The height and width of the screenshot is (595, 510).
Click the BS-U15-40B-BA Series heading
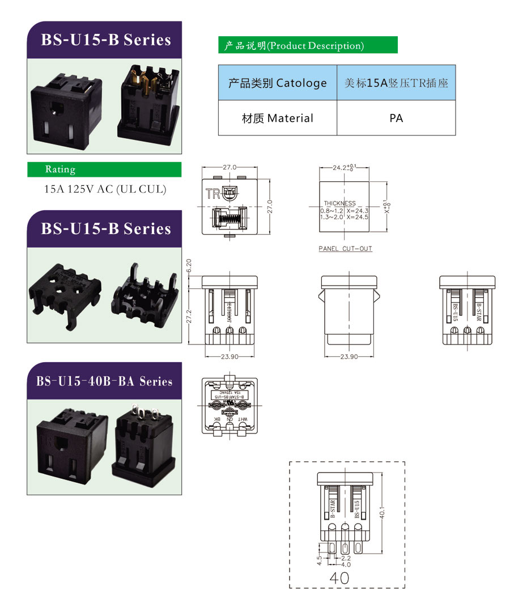(104, 381)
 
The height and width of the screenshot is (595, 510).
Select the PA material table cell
(396, 118)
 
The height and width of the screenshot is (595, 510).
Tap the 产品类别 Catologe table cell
(277, 83)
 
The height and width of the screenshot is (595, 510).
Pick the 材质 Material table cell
(277, 118)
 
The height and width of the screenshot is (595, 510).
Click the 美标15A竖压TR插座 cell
(396, 83)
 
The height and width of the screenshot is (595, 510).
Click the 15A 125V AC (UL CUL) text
(105, 189)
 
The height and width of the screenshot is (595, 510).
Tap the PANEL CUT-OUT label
(345, 249)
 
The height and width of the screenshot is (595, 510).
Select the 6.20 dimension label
(189, 265)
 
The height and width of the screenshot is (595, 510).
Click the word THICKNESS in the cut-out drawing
(339, 203)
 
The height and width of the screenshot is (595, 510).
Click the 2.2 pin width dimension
(345, 558)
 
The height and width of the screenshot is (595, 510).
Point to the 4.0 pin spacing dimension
(345, 564)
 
